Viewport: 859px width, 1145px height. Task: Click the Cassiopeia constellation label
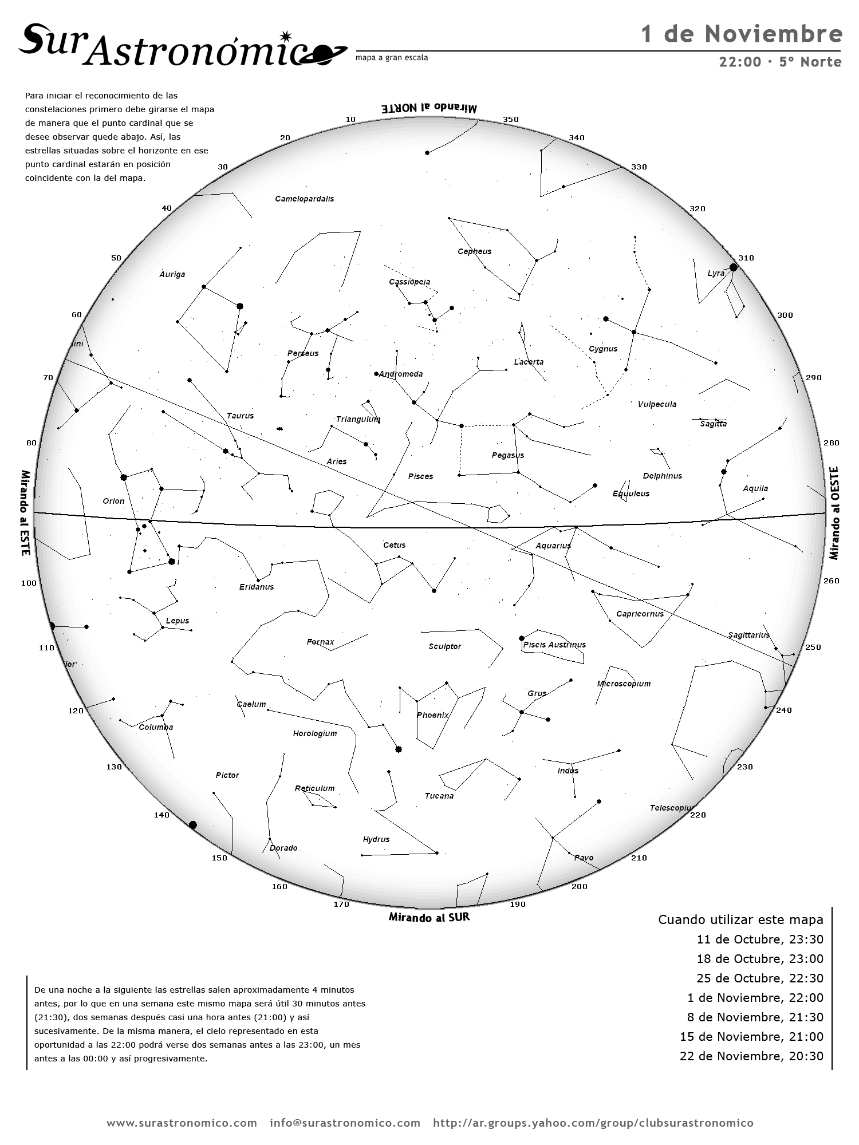pyautogui.click(x=409, y=282)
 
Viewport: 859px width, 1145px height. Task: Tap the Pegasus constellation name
pyautogui.click(x=507, y=455)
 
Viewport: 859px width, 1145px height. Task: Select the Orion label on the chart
pyautogui.click(x=113, y=501)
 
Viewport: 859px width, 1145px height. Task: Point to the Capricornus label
pyautogui.click(x=640, y=614)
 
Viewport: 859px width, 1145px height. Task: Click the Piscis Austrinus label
pyautogui.click(x=554, y=645)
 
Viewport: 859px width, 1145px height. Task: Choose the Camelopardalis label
pyautogui.click(x=304, y=199)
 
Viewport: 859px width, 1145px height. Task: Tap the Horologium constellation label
pyautogui.click(x=315, y=733)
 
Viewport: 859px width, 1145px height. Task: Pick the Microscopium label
pyautogui.click(x=624, y=684)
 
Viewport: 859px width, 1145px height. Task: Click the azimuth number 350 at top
pyautogui.click(x=510, y=120)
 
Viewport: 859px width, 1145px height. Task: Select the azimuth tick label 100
pyautogui.click(x=29, y=583)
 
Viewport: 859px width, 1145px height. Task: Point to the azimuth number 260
pyautogui.click(x=831, y=581)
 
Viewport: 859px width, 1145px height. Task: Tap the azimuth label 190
pyautogui.click(x=517, y=904)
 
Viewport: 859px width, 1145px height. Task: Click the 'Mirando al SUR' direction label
pyautogui.click(x=429, y=917)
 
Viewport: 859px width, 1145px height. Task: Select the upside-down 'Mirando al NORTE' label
pyautogui.click(x=429, y=108)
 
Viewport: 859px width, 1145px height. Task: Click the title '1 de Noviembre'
pyautogui.click(x=742, y=34)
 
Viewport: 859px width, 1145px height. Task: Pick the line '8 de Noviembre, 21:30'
pyautogui.click(x=755, y=1017)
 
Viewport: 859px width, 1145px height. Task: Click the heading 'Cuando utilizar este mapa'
pyautogui.click(x=740, y=919)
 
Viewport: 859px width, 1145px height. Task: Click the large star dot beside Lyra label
pyautogui.click(x=733, y=267)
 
